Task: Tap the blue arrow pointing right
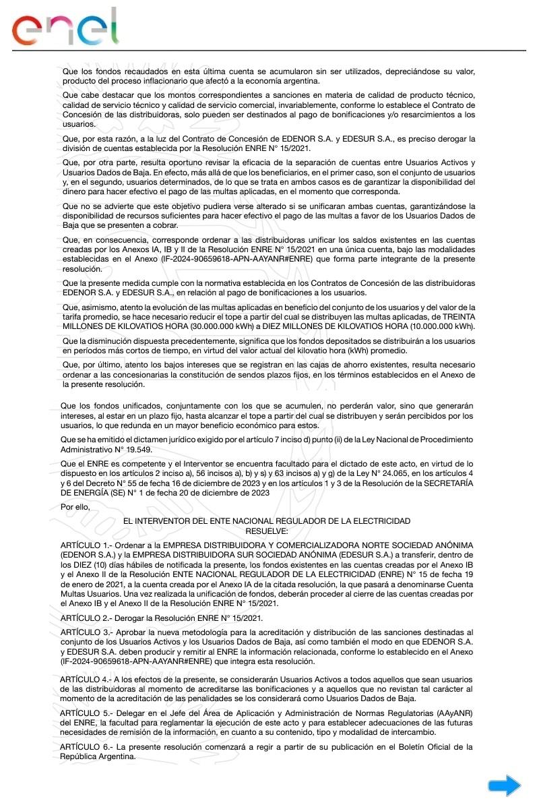click(504, 785)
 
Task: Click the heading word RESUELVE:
click(267, 531)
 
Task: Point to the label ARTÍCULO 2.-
click(86, 618)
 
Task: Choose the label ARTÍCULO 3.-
click(86, 632)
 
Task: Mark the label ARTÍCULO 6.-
click(86, 746)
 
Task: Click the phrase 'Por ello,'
click(74, 506)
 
